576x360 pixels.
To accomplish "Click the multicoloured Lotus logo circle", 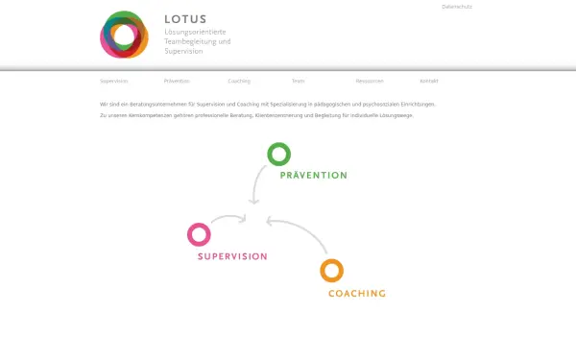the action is [125, 35].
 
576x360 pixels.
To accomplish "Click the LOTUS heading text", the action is [184, 18].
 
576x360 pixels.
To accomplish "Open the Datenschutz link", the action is [457, 7].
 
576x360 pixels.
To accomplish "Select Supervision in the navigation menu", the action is [114, 82].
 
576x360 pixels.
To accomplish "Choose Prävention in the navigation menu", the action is [178, 82].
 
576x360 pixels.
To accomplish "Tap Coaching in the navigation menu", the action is [239, 82].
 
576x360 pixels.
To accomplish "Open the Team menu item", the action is [299, 82].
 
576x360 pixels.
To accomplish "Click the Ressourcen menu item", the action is [370, 82].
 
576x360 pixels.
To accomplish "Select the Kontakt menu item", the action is [429, 82].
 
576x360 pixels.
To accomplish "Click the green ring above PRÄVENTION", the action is [278, 154].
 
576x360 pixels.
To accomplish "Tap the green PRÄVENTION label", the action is [314, 176].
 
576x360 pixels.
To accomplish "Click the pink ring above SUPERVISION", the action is [199, 234].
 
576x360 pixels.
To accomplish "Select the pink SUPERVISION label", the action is [232, 256].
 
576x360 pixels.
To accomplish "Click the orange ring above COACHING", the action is [331, 271].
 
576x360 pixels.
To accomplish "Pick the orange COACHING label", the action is [357, 293].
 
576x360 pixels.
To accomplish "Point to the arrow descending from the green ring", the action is [256, 185].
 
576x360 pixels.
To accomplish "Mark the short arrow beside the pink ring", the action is [229, 220].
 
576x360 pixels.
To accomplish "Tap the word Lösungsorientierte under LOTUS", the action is [195, 31].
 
